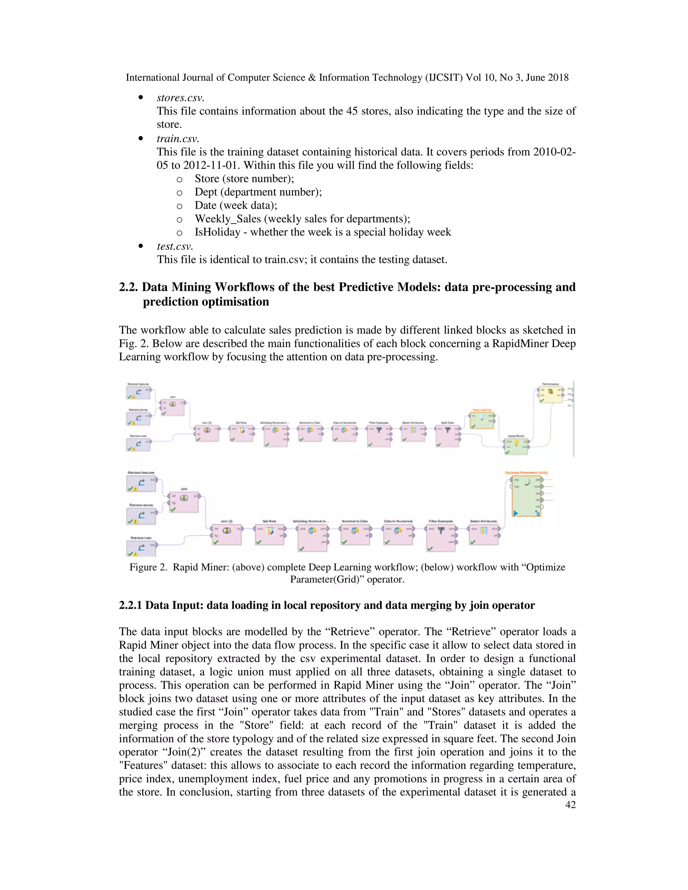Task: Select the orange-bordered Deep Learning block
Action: (482, 420)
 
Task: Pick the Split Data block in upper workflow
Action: (447, 435)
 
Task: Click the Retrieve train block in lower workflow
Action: (141, 548)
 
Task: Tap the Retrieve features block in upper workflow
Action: (138, 392)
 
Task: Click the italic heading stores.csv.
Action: (180, 98)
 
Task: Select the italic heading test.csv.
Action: (174, 246)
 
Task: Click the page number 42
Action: (570, 804)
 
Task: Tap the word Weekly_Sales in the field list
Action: (227, 219)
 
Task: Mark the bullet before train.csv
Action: (141, 139)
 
